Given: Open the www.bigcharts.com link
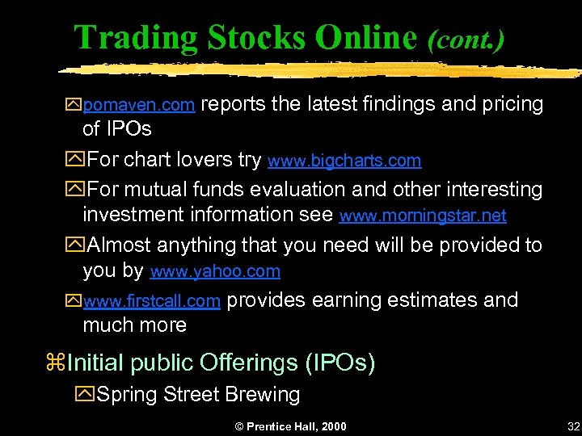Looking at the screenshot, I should pos(344,161).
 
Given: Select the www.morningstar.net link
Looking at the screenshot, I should pos(423,216).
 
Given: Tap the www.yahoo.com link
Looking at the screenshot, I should pos(215,271).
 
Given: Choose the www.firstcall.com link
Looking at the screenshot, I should pos(151,302).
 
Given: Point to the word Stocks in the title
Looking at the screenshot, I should pos(258,37).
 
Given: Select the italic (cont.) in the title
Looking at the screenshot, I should pos(466,39).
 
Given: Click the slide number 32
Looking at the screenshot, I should pos(573,426).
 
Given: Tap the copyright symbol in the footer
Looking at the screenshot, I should pos(238,426).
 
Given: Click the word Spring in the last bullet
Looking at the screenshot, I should pos(127,395).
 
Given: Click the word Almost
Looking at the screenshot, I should pos(119,245).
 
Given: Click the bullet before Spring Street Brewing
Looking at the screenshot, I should pos(84,396).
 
